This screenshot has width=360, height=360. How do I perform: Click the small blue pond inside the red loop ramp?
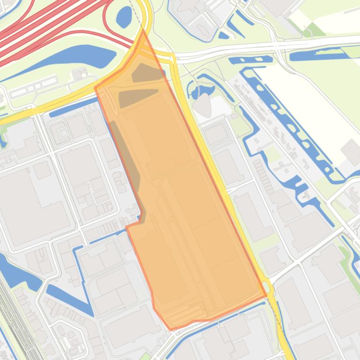tap(124, 17)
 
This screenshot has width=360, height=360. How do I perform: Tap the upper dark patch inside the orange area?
tap(147, 73)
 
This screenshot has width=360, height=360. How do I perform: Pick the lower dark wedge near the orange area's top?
tap(136, 97)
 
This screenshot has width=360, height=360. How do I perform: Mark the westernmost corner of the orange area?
tap(95, 87)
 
